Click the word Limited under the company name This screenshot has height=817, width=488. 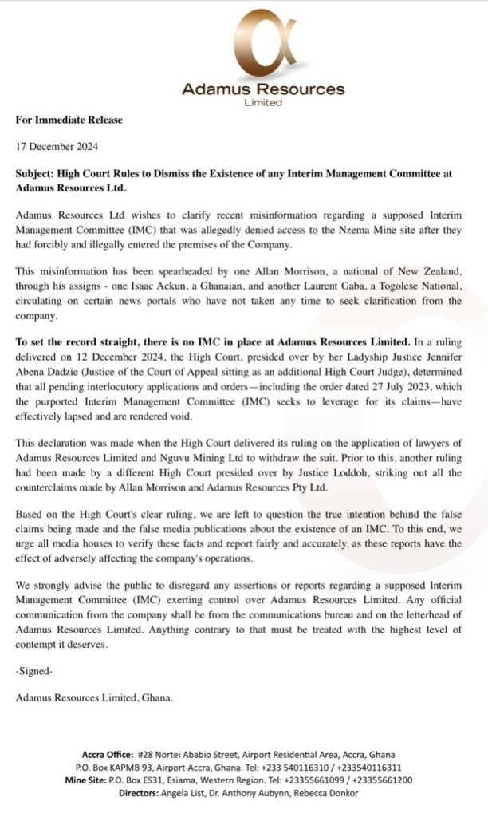coord(263,102)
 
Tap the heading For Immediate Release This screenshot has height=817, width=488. coord(69,120)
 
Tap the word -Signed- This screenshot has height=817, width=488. coord(34,673)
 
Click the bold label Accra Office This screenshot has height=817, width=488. coord(108,754)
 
